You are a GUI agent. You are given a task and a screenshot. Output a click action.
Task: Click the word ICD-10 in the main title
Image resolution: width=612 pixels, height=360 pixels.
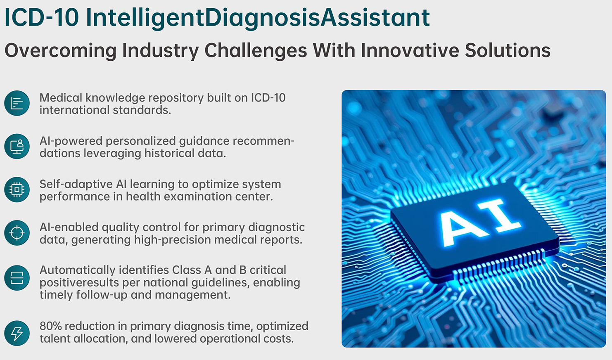click(42, 18)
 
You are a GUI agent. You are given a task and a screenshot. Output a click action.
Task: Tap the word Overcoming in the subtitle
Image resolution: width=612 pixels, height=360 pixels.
click(61, 51)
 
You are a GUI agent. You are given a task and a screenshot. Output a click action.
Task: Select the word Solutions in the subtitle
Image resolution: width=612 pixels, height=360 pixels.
click(508, 50)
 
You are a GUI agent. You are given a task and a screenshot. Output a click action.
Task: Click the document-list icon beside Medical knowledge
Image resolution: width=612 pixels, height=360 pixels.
click(17, 103)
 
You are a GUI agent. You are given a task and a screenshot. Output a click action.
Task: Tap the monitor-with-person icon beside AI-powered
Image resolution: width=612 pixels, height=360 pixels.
click(17, 147)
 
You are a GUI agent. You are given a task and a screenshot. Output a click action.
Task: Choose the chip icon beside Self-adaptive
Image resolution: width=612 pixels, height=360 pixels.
click(17, 189)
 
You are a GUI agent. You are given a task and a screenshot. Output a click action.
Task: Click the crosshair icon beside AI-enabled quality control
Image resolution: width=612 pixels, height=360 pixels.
click(17, 233)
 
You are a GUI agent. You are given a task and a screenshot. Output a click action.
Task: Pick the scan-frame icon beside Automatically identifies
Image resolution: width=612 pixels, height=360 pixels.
click(17, 278)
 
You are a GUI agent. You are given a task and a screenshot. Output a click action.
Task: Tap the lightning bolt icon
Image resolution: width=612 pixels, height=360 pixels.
click(17, 333)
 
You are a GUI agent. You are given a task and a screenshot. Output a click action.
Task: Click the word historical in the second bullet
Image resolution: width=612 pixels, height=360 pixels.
click(169, 153)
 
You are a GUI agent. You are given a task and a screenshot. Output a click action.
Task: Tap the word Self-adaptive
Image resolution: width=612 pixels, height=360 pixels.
click(76, 185)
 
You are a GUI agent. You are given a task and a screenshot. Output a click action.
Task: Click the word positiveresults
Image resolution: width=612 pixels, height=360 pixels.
click(79, 283)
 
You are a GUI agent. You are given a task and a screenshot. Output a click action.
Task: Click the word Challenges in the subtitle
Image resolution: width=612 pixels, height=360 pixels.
click(256, 51)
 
